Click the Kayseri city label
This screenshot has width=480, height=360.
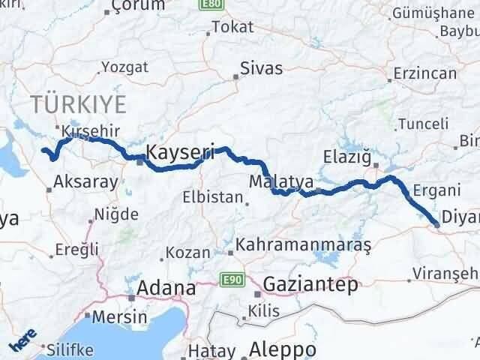[180, 151]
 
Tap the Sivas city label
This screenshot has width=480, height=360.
[261, 68]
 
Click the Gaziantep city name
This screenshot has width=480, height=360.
[310, 285]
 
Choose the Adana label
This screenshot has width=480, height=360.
[166, 287]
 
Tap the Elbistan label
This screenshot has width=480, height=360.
[212, 199]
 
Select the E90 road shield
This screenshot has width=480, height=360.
[230, 280]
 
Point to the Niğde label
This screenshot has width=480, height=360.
[115, 214]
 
